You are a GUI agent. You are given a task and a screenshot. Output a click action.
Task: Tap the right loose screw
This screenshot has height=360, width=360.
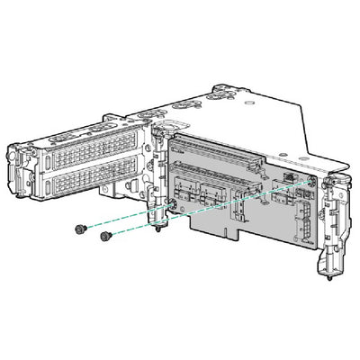coord(105,237)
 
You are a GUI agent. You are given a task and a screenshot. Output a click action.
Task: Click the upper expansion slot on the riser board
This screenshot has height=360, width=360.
coord(226,149)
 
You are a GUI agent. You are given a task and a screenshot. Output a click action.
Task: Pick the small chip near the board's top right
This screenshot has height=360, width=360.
coord(290,176)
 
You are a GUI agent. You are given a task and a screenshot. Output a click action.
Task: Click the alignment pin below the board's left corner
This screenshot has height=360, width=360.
coord(160,226)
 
